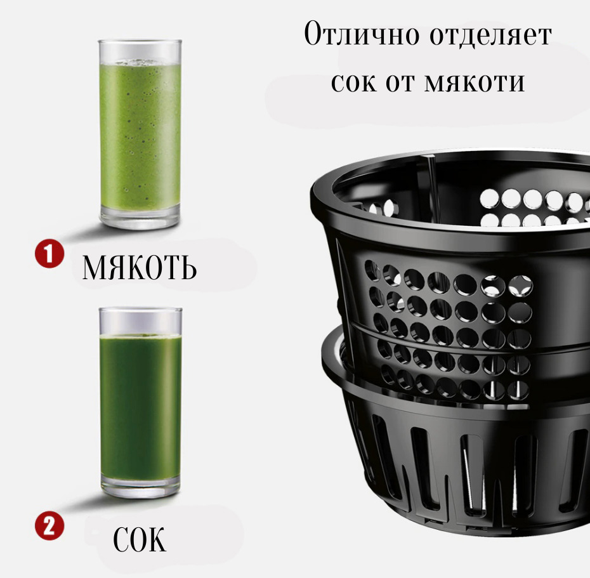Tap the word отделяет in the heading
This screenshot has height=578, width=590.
490,35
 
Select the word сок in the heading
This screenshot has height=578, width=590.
354,82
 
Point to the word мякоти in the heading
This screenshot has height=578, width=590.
475,82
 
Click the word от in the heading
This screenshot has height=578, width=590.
400,82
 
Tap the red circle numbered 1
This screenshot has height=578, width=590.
49,254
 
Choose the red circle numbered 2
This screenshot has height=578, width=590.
49,526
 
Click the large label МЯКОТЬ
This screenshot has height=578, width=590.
139,268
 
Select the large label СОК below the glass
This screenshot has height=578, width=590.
139,539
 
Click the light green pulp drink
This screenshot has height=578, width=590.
140,136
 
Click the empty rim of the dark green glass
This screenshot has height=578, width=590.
140,320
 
